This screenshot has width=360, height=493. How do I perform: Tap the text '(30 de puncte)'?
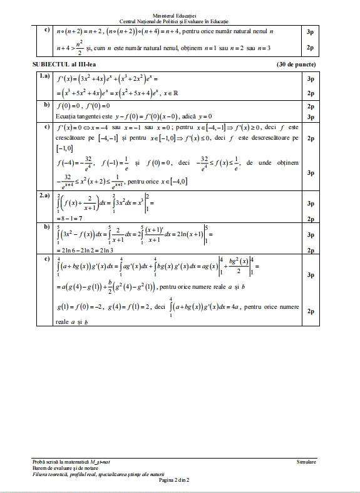click(x=296, y=65)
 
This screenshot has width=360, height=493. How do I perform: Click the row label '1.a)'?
click(x=44, y=76)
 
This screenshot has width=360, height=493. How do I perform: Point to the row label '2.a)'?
click(x=44, y=196)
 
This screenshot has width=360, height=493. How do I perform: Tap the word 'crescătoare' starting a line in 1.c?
click(x=72, y=138)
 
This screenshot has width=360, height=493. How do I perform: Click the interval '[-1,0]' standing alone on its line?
click(x=65, y=148)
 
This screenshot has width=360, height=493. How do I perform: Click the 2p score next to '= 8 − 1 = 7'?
click(x=310, y=219)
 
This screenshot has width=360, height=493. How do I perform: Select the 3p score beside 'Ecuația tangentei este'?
click(x=310, y=117)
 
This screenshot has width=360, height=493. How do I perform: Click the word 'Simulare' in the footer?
click(x=306, y=461)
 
